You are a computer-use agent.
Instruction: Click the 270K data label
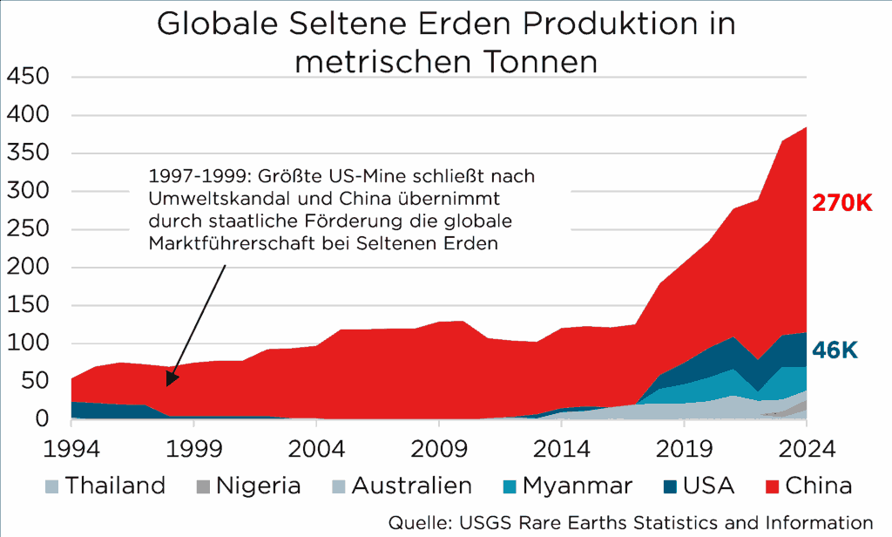841,203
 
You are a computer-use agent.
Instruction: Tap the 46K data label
835,350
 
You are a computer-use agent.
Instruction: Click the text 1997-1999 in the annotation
187,176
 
